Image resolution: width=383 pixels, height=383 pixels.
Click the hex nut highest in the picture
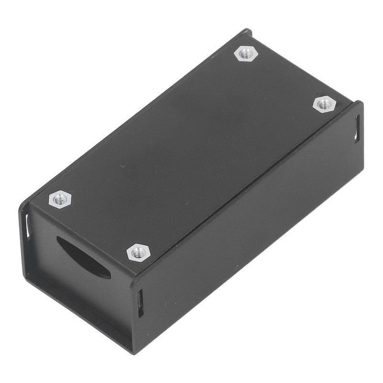pos(246,53)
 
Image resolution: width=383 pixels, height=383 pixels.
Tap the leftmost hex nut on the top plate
pos(60,199)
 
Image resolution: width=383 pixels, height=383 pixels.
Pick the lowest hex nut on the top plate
pos(138,252)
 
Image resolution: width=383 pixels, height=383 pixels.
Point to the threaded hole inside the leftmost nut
pos(60,199)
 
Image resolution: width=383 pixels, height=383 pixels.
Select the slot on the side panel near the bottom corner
pos(140,304)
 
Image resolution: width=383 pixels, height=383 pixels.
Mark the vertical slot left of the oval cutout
pos(28,225)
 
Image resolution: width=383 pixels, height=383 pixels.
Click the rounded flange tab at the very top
pos(247,33)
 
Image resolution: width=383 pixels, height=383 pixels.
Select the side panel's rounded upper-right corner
pos(360,103)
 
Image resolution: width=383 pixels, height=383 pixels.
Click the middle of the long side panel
pos(249,225)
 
